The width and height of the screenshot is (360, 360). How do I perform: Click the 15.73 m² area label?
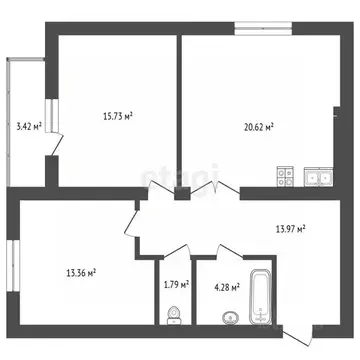118,116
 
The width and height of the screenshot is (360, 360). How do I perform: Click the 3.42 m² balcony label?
29,127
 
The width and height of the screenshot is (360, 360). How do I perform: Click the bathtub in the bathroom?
261,296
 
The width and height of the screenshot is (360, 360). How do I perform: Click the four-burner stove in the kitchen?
286,179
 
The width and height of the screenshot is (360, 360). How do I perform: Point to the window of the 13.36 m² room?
12,264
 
